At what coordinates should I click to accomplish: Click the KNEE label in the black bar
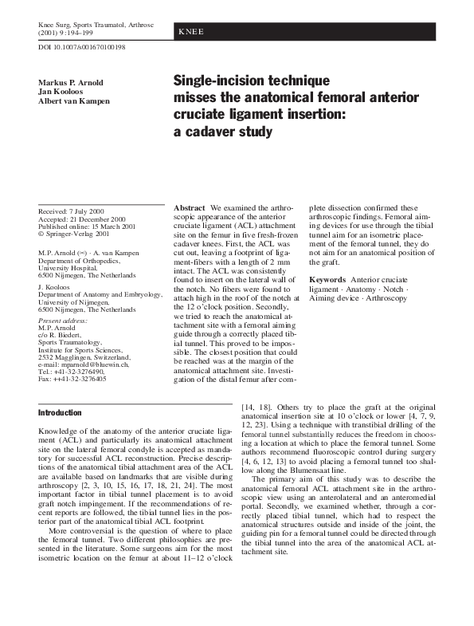(191, 32)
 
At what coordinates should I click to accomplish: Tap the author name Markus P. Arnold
(72, 84)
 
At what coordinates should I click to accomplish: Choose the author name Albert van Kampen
(75, 101)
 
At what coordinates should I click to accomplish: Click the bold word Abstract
(190, 207)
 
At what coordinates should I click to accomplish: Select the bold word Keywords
(327, 280)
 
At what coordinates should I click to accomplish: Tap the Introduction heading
(60, 413)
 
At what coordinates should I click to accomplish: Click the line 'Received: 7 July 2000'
(72, 211)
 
